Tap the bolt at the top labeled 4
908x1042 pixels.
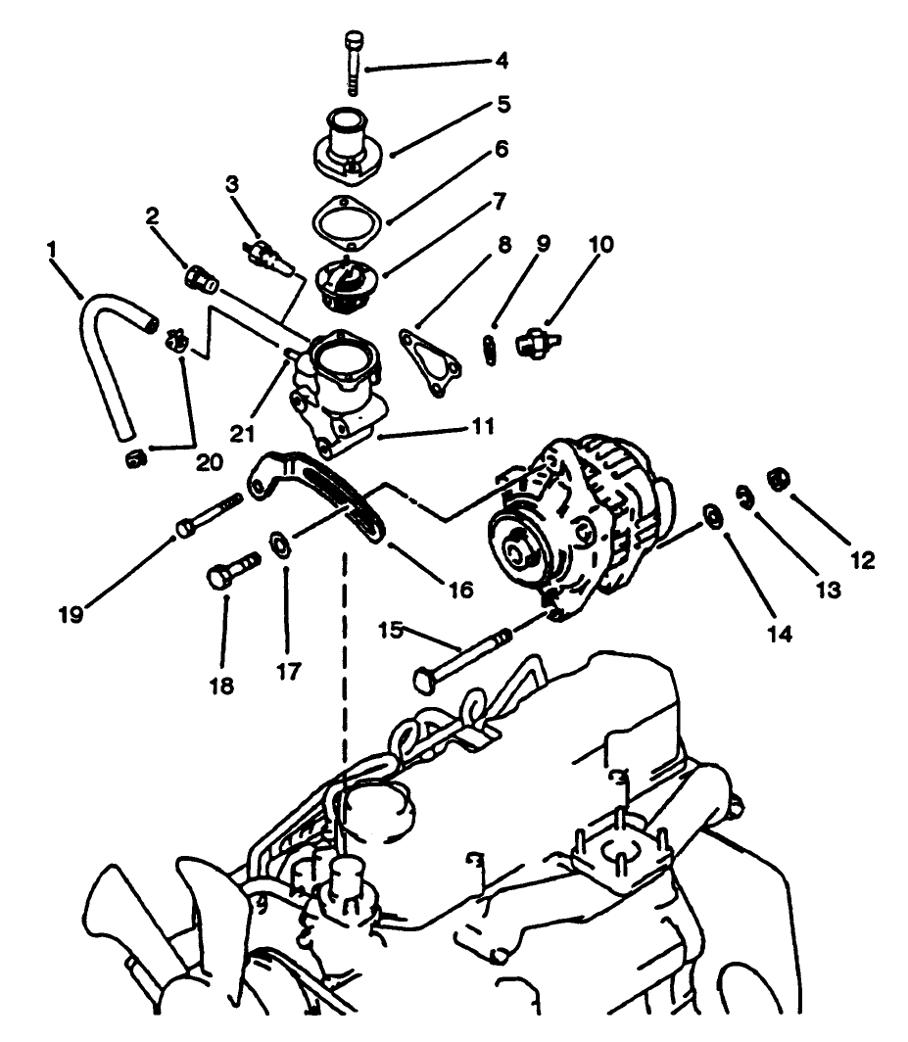[x=354, y=61]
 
